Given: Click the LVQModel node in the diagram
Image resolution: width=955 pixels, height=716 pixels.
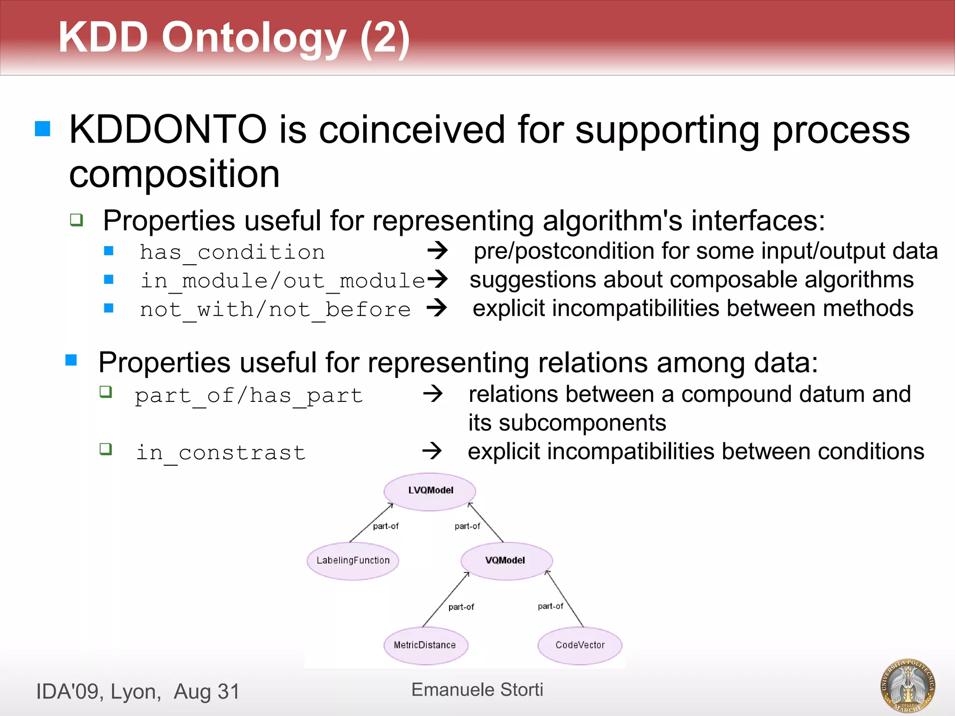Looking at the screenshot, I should click(430, 491).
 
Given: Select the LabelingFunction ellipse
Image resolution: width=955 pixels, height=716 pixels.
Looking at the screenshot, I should click(353, 561).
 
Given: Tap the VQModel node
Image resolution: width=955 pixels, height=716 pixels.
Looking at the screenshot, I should click(506, 561).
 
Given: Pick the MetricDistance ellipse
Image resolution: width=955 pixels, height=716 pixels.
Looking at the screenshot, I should click(425, 646).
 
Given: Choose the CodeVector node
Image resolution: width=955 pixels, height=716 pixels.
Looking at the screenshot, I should click(580, 646).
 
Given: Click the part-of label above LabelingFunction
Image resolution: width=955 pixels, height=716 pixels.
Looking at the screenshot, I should click(386, 526).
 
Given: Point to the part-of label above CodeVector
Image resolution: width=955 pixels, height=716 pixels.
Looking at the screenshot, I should click(550, 606).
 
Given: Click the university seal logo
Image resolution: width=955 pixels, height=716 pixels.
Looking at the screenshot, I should click(907, 685).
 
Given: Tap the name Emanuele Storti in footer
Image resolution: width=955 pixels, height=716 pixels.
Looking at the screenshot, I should click(477, 690).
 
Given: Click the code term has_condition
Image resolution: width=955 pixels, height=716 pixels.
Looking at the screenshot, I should click(232, 253).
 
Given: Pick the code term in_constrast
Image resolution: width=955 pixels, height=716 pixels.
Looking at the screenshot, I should click(221, 453).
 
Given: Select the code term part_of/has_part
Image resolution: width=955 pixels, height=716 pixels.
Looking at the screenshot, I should click(249, 396).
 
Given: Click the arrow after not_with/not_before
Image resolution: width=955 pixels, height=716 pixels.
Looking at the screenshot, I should click(437, 308).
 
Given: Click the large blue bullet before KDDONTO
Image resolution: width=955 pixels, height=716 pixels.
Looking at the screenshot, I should click(42, 129).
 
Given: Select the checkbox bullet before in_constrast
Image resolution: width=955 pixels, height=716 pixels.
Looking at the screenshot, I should click(106, 449).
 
